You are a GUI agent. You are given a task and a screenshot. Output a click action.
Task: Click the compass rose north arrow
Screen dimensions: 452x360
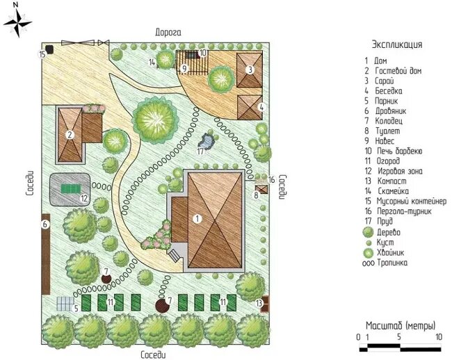pos(17,22)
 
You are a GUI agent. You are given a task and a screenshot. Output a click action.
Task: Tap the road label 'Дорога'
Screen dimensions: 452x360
pos(168,32)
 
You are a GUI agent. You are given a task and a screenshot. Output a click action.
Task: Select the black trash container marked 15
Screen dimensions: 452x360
pos(50,49)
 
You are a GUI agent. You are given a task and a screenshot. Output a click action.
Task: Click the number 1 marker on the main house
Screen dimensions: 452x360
pos(197,219)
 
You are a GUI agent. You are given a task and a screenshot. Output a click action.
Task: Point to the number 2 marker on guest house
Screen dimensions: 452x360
pos(70,135)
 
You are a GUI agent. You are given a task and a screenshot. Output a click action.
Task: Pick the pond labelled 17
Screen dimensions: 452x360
pos(207,140)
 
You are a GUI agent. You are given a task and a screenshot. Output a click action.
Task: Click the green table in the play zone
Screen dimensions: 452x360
pos(71,189)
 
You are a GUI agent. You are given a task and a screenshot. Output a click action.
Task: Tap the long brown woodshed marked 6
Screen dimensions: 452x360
pos(45,254)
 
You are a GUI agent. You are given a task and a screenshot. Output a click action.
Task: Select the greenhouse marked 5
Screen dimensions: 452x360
pos(65,304)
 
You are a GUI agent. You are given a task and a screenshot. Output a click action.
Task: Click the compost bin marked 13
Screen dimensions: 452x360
pos(265,304)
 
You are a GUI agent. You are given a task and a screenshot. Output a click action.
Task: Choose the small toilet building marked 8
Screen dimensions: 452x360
pos(262,190)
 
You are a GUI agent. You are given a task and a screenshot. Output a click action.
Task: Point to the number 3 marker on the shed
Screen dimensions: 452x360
pos(250,69)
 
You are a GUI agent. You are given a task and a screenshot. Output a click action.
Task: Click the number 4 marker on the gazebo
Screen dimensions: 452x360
pos(261,107)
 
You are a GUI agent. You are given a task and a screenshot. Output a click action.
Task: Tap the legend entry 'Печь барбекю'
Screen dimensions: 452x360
pos(400,151)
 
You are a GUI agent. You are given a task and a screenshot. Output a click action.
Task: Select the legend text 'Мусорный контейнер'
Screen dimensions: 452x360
pos(412,201)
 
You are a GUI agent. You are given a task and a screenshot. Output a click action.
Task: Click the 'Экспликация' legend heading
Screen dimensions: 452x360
pos(397,44)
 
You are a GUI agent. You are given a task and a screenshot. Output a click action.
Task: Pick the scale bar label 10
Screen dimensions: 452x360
pos(439,337)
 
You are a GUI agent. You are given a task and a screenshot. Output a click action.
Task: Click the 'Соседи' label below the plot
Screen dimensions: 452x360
pos(154,354)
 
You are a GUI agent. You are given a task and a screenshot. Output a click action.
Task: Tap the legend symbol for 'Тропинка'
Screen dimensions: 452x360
pos(369,263)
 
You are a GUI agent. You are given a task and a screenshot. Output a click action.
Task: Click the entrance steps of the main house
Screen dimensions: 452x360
pos(175,255)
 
